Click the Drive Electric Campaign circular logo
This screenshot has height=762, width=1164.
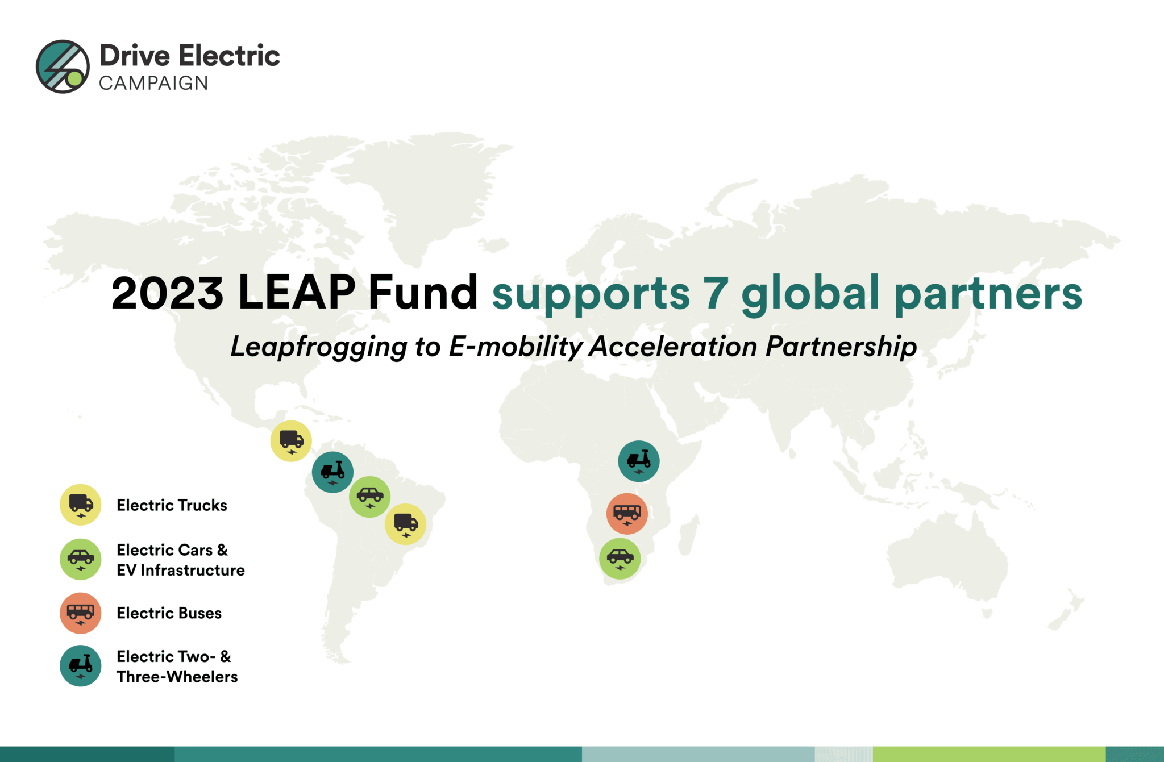tap(63, 66)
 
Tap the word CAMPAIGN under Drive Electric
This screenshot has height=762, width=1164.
tap(153, 83)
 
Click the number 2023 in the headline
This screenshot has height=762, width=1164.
tap(167, 293)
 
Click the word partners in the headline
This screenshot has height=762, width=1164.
tap(988, 294)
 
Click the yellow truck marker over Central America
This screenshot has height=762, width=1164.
tap(291, 441)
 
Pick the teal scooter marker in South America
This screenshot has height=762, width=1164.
tap(332, 472)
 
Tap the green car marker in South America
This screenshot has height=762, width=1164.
tap(369, 497)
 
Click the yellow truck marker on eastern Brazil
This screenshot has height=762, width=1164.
tap(405, 524)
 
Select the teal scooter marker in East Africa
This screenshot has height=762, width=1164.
tap(639, 461)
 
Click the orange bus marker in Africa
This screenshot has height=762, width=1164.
tap(627, 514)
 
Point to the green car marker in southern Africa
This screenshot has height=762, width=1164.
tap(620, 559)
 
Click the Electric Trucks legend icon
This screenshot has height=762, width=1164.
tap(81, 505)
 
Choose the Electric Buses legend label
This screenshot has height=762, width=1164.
tap(169, 613)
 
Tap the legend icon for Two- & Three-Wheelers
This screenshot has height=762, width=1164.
tap(81, 665)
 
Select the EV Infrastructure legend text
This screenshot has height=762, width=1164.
tap(181, 570)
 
